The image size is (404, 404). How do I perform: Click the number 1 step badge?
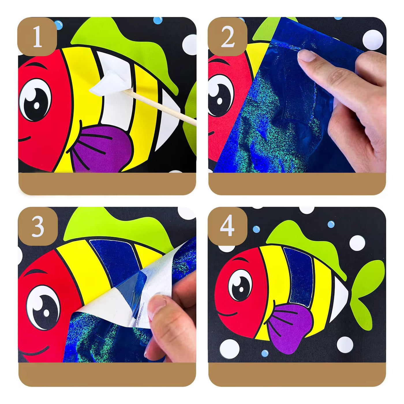coord(37,36)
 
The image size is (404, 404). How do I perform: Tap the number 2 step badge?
coord(228,36)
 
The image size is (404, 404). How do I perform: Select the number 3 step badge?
coord(38,227)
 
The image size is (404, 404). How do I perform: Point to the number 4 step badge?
coord(228,227)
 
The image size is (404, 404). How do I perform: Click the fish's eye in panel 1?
coord(35,100)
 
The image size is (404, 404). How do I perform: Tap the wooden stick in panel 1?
coord(159,107)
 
